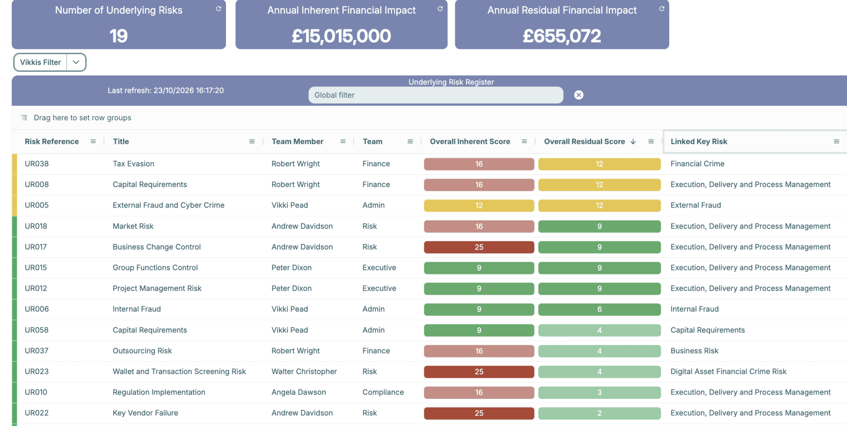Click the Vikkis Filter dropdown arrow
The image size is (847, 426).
(x=76, y=62)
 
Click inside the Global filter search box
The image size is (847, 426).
(x=436, y=95)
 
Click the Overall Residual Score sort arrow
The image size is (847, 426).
(x=633, y=142)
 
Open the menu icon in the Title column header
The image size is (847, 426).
(x=252, y=142)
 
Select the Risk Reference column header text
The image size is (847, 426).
(x=52, y=142)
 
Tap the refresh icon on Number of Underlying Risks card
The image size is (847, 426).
(x=219, y=9)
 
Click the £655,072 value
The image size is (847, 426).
(x=562, y=36)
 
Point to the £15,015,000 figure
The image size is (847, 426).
(x=341, y=36)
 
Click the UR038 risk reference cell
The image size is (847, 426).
(x=37, y=164)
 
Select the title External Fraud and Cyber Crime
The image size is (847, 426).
(x=169, y=205)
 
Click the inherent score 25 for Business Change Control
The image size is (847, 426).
(x=479, y=247)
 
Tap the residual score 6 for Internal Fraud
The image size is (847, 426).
(x=599, y=309)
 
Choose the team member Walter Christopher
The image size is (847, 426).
(x=304, y=371)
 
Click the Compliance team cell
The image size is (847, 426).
(x=383, y=392)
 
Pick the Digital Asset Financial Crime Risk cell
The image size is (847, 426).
(x=728, y=371)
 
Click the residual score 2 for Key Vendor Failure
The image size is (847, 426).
(x=599, y=413)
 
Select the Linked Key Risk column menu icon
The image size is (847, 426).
(x=836, y=142)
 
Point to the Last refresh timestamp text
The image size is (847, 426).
(x=166, y=91)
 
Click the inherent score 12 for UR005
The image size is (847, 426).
(x=479, y=206)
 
